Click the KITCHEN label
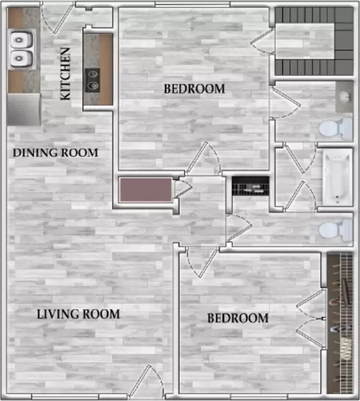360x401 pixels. pyautogui.click(x=65, y=73)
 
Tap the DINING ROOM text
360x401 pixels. pyautogui.click(x=55, y=153)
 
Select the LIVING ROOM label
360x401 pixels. pyautogui.click(x=78, y=314)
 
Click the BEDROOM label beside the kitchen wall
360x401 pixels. pyautogui.click(x=194, y=88)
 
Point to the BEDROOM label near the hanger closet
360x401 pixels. pyautogui.click(x=238, y=318)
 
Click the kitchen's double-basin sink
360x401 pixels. pyautogui.click(x=21, y=49)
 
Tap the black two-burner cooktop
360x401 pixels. pyautogui.click(x=92, y=80)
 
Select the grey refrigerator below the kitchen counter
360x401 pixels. pyautogui.click(x=24, y=109)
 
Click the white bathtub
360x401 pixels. pyautogui.click(x=337, y=177)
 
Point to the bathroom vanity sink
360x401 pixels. pyautogui.click(x=344, y=97)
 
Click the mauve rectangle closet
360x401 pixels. pyautogui.click(x=146, y=190)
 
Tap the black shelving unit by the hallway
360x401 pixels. pyautogui.click(x=250, y=186)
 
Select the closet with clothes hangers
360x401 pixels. pyautogui.click(x=340, y=323)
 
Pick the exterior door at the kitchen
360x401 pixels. pyautogui.click(x=58, y=18)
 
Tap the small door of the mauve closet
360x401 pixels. pyautogui.click(x=184, y=189)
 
